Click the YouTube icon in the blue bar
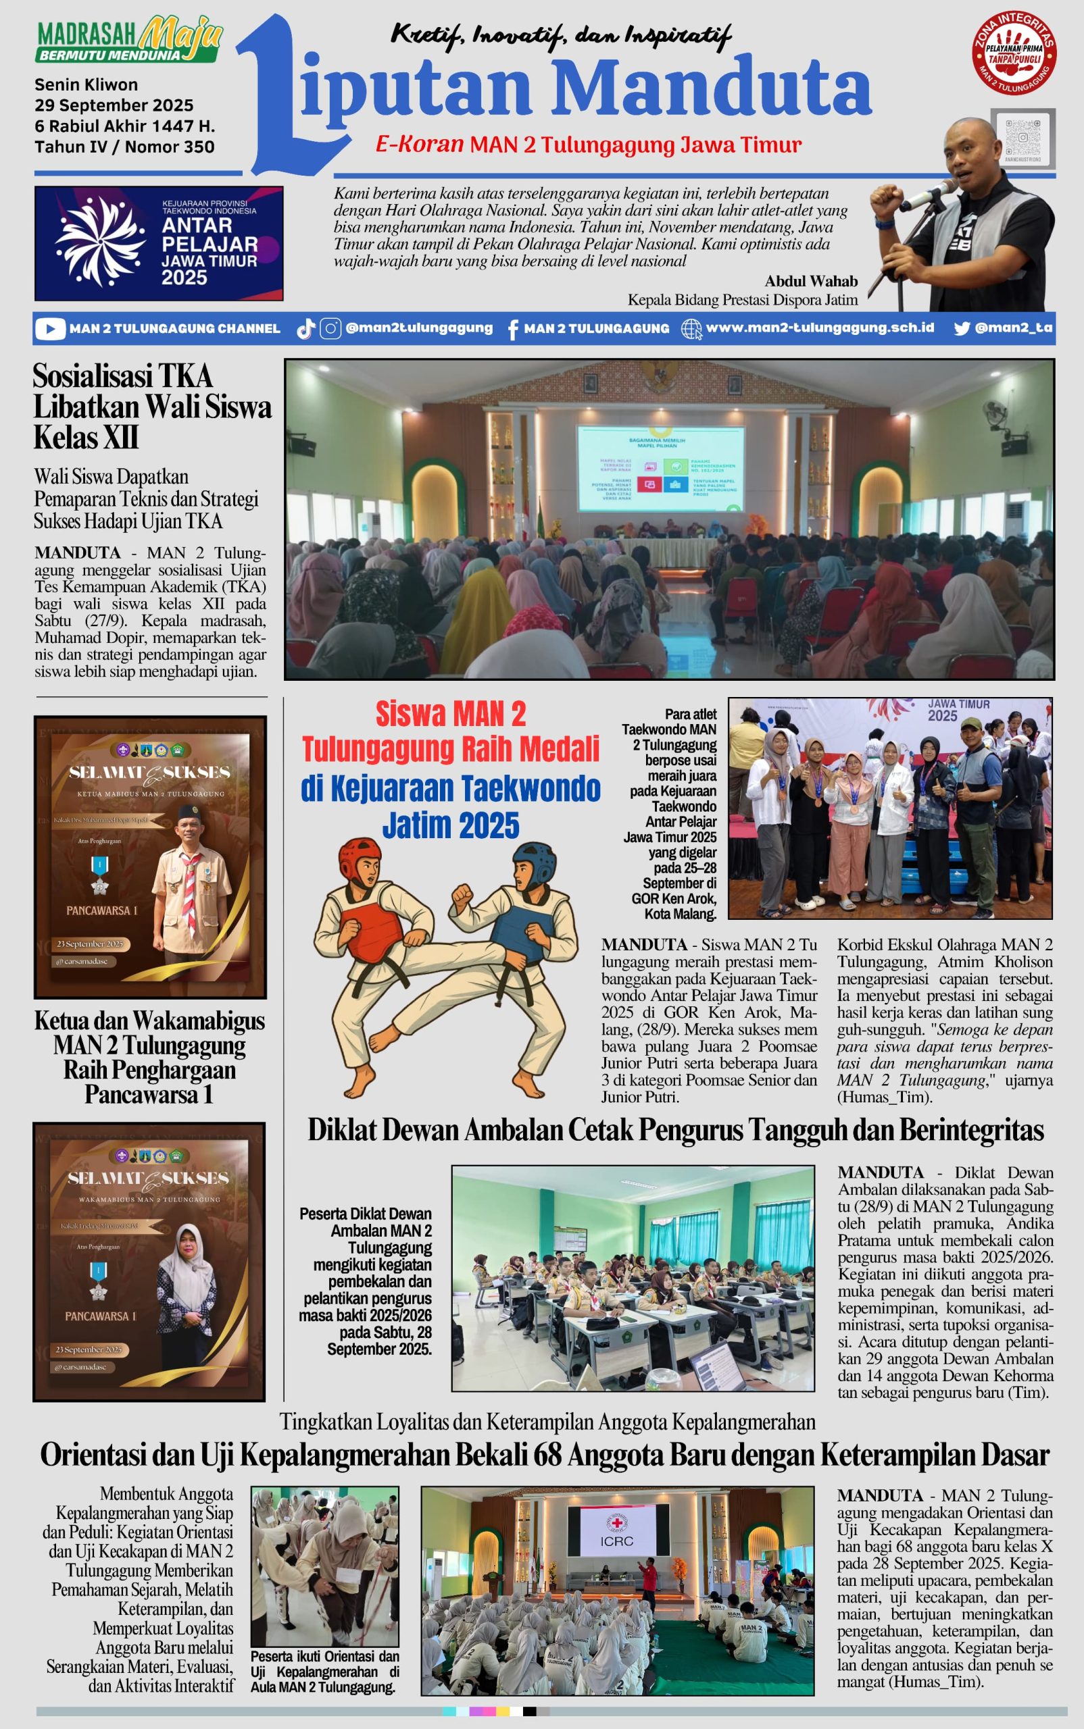(x=49, y=329)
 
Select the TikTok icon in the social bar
(x=305, y=329)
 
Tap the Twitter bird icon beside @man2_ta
(x=962, y=328)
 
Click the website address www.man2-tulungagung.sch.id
(x=820, y=328)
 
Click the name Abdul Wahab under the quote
(x=810, y=281)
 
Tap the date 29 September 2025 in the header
(x=114, y=105)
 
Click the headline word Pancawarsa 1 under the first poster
(x=149, y=1094)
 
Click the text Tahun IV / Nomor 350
(x=124, y=147)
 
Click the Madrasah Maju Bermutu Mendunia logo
(x=129, y=41)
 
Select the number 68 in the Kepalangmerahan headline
(x=547, y=1454)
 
